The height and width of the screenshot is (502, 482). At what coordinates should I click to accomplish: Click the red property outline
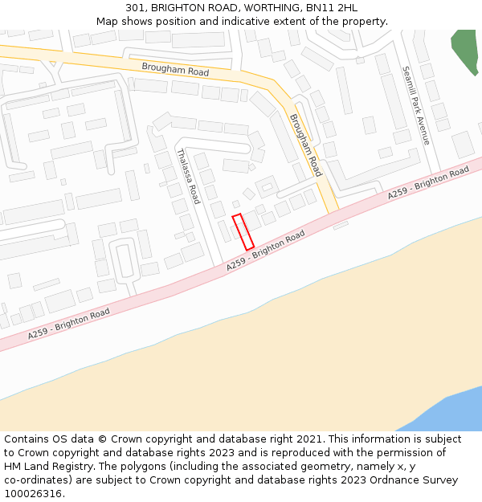pos(243,231)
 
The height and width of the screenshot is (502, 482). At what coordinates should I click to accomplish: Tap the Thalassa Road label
pos(187,176)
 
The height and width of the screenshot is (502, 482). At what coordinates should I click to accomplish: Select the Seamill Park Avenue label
pos(416,105)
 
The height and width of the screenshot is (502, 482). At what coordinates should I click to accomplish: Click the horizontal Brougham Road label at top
pos(175,70)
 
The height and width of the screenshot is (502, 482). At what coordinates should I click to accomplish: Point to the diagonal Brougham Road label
pos(306,145)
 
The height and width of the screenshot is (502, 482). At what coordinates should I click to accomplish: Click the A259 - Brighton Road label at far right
pos(428,183)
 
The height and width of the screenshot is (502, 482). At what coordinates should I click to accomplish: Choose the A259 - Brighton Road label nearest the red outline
pos(265,249)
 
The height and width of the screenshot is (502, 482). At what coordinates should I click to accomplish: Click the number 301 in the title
pos(134,7)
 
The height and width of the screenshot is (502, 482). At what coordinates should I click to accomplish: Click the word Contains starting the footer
pos(27,439)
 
